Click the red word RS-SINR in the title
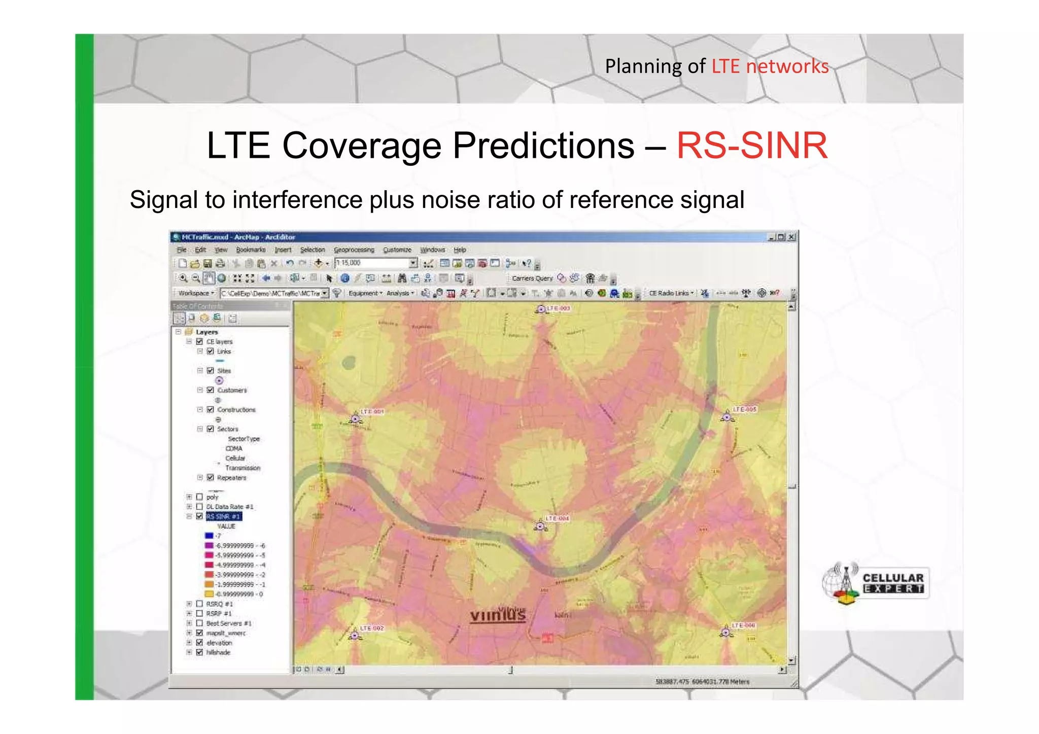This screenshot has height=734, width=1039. (752, 146)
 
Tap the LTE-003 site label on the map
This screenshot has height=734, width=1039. (558, 308)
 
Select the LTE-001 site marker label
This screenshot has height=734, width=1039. (372, 411)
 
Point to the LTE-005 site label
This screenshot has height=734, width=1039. (744, 409)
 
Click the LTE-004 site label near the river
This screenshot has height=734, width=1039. (557, 518)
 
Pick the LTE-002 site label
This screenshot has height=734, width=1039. (372, 628)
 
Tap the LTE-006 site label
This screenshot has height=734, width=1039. (743, 625)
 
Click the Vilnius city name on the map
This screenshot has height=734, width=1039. (498, 615)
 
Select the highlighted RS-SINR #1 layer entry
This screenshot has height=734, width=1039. (224, 516)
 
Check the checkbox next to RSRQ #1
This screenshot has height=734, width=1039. (199, 604)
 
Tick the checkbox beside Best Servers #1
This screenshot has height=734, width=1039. (199, 623)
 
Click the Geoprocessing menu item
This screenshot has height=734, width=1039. (354, 250)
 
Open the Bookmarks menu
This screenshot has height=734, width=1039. (251, 250)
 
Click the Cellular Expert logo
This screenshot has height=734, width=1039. (875, 583)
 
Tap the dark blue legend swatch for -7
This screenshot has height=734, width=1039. (209, 536)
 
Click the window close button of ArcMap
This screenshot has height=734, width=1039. (791, 237)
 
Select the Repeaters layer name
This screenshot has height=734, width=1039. (231, 478)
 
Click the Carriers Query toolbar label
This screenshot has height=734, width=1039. (532, 278)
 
